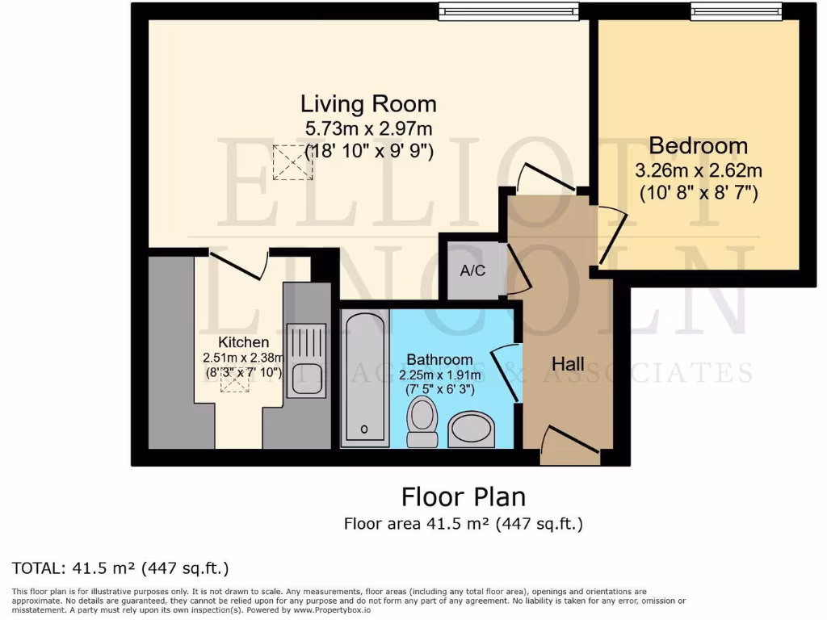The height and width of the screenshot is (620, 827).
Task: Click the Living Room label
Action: pos(368,104)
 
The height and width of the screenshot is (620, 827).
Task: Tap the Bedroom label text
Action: pos(698,146)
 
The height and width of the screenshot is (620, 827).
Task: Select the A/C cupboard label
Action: pos(472,271)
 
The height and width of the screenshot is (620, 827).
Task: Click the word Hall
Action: pos(568,364)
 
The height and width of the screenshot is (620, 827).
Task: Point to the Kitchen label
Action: pos(243,343)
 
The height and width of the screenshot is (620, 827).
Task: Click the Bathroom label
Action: pos(439,359)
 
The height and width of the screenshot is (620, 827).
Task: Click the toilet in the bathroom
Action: pos(420,422)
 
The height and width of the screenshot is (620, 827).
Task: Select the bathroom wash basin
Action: pos(473,429)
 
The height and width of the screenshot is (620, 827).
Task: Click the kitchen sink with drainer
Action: pos(305,359)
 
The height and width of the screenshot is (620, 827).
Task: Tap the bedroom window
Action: pos(737,10)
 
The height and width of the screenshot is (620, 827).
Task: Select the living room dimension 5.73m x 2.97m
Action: pos(368,128)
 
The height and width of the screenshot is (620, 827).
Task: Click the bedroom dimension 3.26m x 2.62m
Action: pos(699,171)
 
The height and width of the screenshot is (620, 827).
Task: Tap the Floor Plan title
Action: pos(463,495)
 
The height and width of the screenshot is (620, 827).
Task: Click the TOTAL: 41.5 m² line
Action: pos(120,568)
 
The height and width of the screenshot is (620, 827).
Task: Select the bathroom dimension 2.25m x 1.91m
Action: pos(439,375)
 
